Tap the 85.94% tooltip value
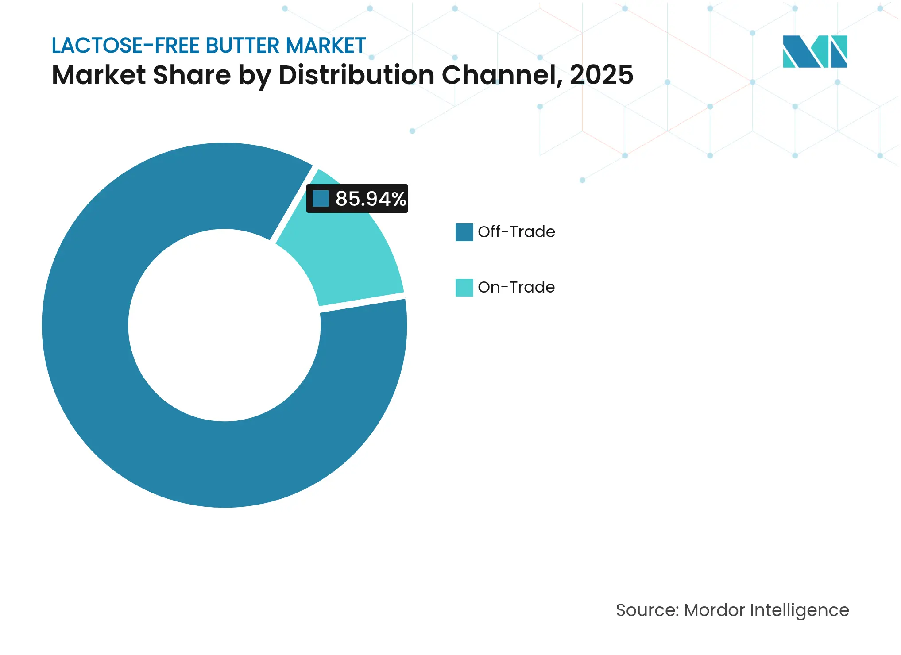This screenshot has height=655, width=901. pos(371,199)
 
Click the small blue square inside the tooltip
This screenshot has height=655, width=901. pos(321,199)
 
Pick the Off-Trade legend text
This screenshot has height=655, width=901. pos(516,232)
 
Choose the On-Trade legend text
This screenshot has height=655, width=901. pos(516,287)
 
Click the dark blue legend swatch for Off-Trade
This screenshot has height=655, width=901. pos(464,232)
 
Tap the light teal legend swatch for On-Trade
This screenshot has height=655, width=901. pos(464,287)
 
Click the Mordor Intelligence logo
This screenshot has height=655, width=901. pos(815,51)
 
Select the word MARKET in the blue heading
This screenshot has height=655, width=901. pos(325,46)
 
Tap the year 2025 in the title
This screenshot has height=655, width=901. pos(601,75)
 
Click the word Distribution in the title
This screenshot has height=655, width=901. pos(356,75)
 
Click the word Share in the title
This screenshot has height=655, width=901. pos(191,75)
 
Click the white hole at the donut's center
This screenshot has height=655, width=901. pos(224,325)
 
